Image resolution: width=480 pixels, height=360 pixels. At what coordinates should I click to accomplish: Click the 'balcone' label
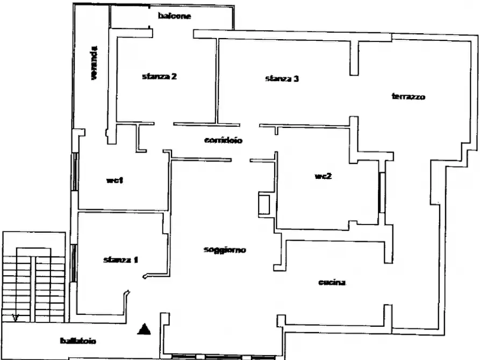point(175,16)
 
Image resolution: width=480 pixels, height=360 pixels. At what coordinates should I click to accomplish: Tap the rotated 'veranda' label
point(94,63)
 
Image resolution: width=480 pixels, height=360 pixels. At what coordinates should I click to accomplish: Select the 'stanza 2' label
point(160,76)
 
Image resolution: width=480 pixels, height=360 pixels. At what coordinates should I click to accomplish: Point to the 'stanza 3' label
point(282,78)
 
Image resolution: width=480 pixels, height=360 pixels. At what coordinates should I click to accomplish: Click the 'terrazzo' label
point(409,97)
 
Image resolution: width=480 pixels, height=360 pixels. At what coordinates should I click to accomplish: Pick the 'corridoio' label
point(223,140)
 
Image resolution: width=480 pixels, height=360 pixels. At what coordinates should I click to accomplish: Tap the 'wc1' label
point(115,181)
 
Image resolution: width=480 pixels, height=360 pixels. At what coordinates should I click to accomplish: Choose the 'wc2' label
point(323,176)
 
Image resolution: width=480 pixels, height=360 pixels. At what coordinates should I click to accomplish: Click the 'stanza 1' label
point(121,260)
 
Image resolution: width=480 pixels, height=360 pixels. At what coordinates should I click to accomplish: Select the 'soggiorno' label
point(225,250)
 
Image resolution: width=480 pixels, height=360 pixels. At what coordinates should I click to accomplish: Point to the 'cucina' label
point(332,282)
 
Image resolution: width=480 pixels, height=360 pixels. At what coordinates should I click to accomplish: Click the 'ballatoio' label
point(78,341)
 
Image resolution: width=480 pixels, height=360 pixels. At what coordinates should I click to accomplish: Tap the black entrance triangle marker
point(144,329)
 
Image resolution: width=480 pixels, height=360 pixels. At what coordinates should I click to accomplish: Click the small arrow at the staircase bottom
point(15,318)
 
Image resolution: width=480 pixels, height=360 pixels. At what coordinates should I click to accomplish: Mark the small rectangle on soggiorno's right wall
point(264,205)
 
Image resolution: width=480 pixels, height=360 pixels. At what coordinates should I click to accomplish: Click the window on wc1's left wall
point(75,172)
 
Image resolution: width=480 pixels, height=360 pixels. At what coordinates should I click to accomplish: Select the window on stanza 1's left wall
point(74,263)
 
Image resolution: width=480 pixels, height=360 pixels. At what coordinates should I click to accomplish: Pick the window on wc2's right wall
point(382,192)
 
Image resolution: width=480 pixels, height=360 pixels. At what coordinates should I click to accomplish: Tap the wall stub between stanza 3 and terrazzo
point(354,58)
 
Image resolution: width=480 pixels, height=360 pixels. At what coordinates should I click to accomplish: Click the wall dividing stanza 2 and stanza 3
point(217,81)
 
